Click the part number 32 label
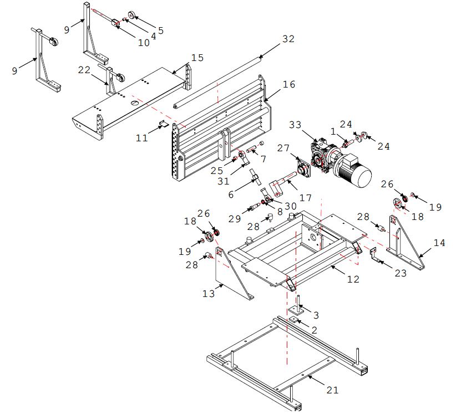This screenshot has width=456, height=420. pos(288,39)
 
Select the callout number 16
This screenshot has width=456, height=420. pos(289,84)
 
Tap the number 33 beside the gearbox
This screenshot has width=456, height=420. pos(295,125)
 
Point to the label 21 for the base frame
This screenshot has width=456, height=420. pos(332,390)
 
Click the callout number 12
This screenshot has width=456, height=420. pos(353,279)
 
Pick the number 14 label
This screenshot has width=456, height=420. pos(439,243)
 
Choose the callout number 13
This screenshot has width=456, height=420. pos(209,294)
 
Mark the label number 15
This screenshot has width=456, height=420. pos(197,58)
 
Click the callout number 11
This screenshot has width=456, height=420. pos(142,137)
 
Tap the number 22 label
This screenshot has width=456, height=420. pos(84,70)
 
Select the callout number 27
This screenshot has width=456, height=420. pos(283,148)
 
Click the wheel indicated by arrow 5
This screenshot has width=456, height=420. pos(133,15)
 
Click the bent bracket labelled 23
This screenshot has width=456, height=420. pos(374,254)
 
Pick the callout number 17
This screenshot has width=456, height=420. pos(305,198)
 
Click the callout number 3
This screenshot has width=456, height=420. pos(316,315)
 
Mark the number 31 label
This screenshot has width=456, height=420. pos(224,181)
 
